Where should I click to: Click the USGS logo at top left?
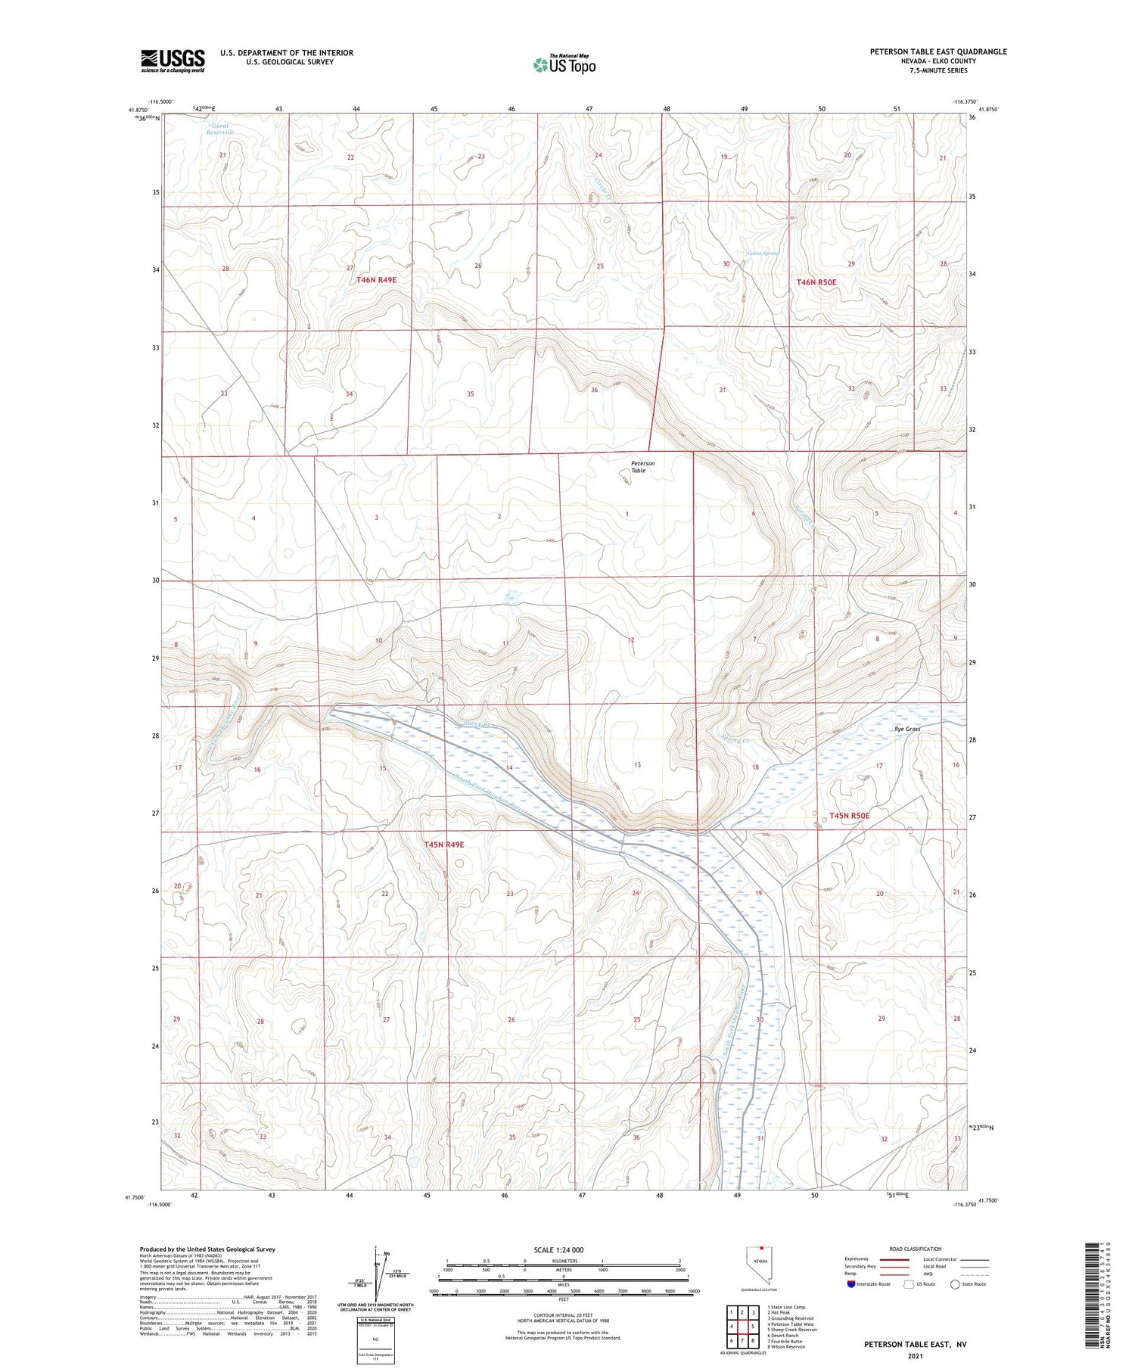(173, 61)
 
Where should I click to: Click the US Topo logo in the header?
(564, 65)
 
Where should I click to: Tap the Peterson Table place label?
(642, 467)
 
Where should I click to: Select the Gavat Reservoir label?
(220, 129)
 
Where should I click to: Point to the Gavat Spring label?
(762, 253)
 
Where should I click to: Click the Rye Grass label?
(906, 729)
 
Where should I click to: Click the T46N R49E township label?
(376, 280)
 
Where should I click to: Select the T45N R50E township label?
(849, 816)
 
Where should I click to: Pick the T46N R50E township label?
(816, 282)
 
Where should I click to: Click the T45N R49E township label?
(444, 845)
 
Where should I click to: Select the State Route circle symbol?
(955, 1284)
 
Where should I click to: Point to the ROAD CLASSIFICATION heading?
(916, 1249)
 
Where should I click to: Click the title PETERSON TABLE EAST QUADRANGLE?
(938, 51)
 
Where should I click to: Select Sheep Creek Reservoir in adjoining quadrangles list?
(792, 1330)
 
